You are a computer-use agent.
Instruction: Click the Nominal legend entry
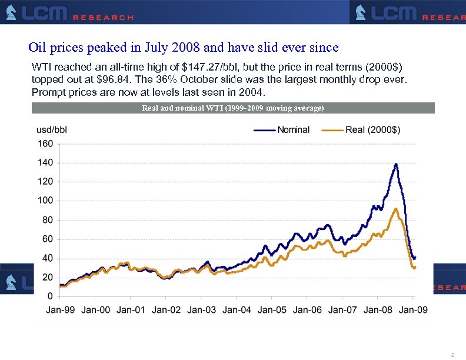tap(293, 130)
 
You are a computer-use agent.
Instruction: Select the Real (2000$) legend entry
tap(372, 130)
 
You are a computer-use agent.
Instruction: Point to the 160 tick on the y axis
tap(45, 144)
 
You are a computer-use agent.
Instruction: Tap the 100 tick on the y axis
tap(45, 201)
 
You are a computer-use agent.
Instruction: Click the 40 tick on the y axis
tap(48, 258)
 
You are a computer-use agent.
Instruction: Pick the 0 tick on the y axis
tap(50, 296)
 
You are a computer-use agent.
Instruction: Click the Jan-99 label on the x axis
tap(61, 309)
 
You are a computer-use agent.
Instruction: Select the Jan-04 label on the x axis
tap(237, 309)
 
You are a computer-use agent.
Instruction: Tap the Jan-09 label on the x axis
tap(413, 309)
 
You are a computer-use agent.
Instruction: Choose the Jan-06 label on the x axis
tap(308, 309)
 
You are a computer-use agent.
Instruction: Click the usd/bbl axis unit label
tap(52, 130)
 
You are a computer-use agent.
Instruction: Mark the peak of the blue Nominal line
tap(396, 164)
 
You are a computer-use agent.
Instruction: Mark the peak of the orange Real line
tap(395, 208)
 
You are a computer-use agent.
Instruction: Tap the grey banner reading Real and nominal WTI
tap(233, 108)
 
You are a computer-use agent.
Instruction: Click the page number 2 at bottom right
tap(452, 355)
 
